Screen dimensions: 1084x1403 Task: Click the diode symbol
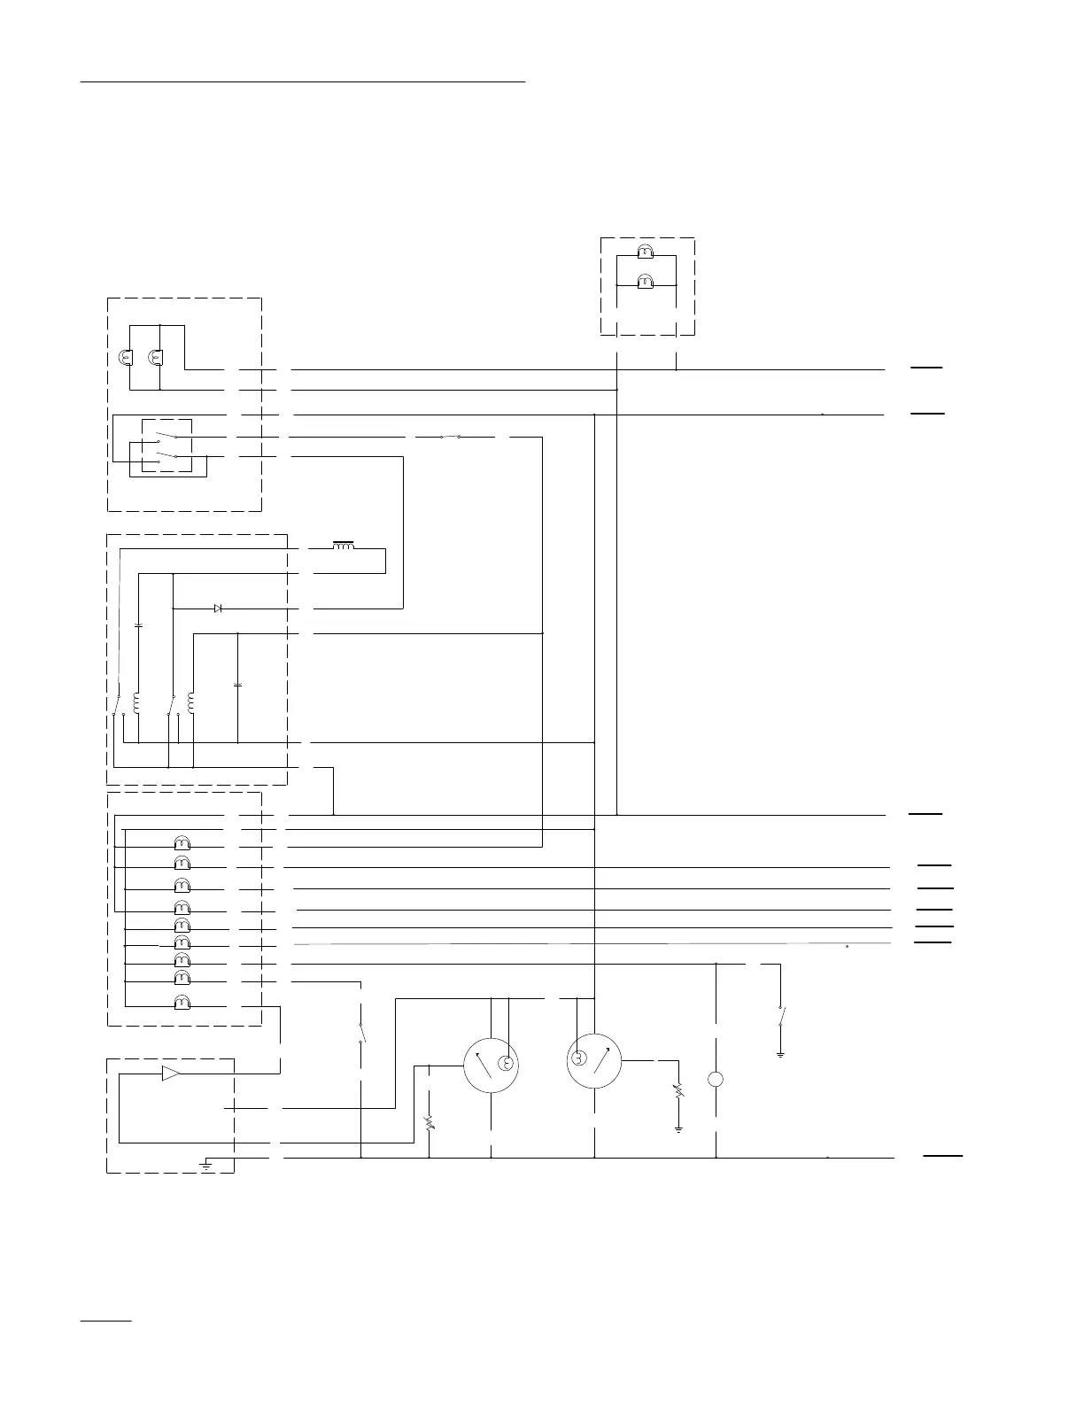[219, 608]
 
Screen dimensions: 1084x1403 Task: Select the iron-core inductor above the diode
[343, 545]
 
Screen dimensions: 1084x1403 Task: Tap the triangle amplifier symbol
[170, 1074]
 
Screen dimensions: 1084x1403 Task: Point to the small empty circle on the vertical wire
[716, 1080]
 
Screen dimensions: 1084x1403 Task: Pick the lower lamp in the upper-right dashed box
[646, 283]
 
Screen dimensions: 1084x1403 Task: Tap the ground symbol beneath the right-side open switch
[780, 1055]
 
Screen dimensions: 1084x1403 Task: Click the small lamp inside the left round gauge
[506, 1064]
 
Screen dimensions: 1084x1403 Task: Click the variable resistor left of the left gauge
[430, 1123]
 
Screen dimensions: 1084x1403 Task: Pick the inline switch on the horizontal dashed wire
[450, 437]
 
